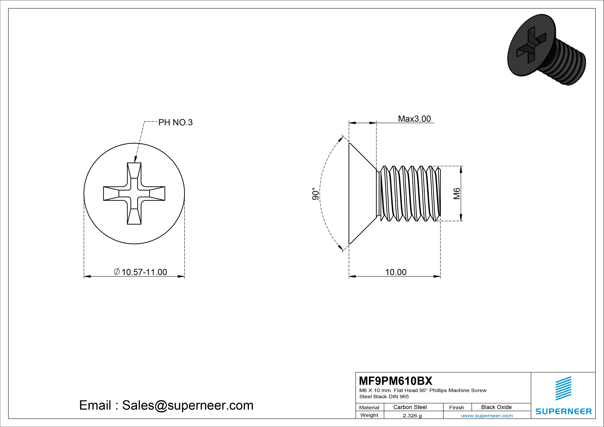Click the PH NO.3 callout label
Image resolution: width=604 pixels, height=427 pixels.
[175, 122]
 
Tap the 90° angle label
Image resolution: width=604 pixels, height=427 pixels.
[315, 194]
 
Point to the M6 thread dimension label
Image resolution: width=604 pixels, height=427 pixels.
[457, 194]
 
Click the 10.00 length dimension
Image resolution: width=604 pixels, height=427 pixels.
[396, 272]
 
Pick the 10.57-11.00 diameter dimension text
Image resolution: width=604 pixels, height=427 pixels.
[144, 272]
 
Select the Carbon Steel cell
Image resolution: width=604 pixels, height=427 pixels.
[410, 407]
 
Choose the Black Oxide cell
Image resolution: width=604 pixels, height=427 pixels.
[496, 407]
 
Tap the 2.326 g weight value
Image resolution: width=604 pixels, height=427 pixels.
[412, 416]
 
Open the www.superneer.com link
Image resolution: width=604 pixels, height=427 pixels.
[487, 416]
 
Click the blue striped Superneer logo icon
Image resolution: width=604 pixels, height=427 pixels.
[563, 388]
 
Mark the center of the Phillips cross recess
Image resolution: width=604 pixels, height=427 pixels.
[134, 194]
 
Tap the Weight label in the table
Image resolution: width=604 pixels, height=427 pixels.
[369, 415]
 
